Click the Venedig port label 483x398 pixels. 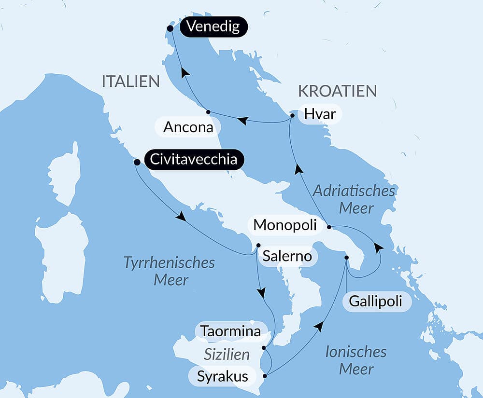click(x=213, y=27)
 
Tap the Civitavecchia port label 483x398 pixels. click(x=194, y=159)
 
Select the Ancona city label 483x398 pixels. click(x=188, y=127)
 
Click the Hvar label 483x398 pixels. click(x=320, y=115)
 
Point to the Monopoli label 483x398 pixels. click(x=285, y=225)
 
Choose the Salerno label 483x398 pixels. click(x=287, y=256)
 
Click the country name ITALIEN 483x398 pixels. click(x=130, y=82)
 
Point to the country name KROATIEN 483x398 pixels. click(x=337, y=91)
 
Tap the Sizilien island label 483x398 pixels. click(x=227, y=355)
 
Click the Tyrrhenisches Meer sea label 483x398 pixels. click(x=170, y=271)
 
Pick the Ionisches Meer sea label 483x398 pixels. click(x=356, y=360)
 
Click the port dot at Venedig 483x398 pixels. click(x=170, y=28)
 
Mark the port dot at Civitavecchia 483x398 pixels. click(x=137, y=162)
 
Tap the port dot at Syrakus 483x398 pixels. click(x=265, y=376)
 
